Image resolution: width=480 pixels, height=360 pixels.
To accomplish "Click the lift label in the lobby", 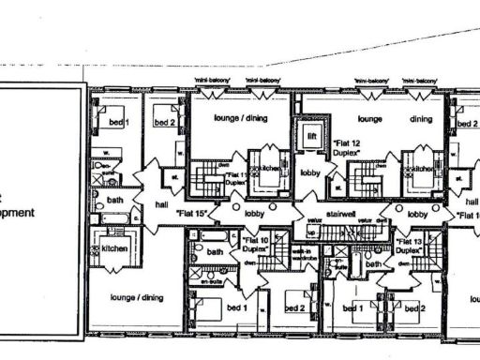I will (x=310, y=137).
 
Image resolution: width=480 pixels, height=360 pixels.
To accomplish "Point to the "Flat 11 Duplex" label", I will (x=235, y=178).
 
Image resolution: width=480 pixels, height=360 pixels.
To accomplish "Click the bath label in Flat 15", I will (x=114, y=200).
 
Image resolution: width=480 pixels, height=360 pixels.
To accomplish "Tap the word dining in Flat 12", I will (x=421, y=119).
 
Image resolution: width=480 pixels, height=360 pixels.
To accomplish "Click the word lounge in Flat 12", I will (x=367, y=120).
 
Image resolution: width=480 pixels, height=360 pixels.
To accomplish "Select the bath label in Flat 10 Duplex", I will (x=215, y=251).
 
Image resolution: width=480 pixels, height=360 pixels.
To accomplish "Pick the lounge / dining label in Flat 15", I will (x=137, y=297).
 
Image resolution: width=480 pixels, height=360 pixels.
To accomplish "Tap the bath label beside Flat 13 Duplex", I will (x=373, y=265).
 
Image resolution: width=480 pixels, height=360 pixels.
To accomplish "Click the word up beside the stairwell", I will (x=312, y=228).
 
